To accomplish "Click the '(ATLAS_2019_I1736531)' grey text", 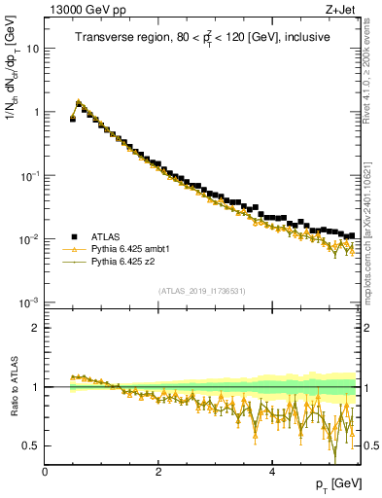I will coord(201,291).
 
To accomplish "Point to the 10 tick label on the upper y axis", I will coord(33,48).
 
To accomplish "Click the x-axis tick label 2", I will coord(158,471).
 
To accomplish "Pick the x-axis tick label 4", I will coord(271,471).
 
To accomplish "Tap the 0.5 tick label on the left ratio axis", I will coord(31,445).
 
